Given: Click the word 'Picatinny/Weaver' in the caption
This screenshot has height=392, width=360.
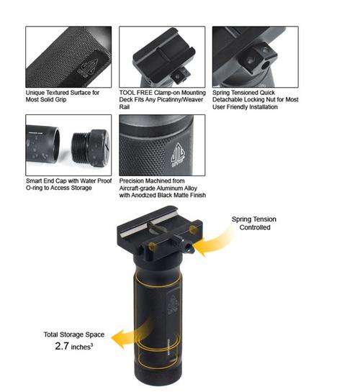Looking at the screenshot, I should click(177, 100).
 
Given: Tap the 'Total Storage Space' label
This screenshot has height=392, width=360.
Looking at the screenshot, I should click(74, 334).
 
